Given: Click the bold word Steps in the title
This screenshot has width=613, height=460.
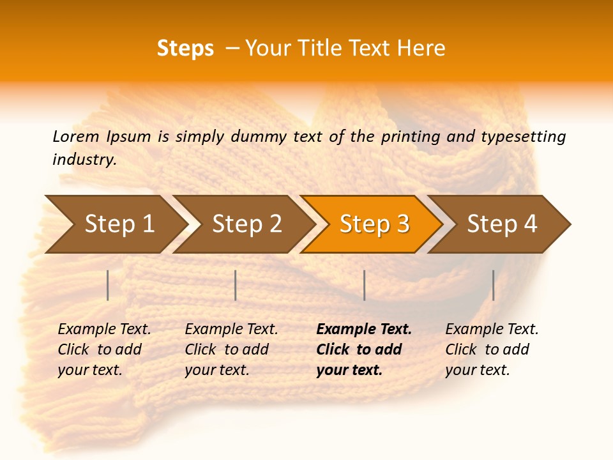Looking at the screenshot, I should click(185, 49).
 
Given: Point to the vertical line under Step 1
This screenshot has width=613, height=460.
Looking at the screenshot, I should click(108, 285).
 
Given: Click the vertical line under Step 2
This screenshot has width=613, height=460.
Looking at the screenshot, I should click(236, 285).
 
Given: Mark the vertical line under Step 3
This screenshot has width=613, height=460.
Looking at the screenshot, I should click(364, 285).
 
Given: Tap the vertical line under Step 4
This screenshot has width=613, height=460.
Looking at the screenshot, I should click(493, 285).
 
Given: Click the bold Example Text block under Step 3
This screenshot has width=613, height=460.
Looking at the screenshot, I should click(363, 349).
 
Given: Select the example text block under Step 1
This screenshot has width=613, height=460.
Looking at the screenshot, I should click(104, 349).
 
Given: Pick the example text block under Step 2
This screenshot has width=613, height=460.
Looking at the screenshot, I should click(231, 349).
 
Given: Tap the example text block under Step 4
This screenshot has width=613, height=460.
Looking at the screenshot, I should click(492, 349).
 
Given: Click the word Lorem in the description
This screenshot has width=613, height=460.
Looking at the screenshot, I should click(76, 136).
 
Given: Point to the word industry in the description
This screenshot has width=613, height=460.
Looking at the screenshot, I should click(84, 160).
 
